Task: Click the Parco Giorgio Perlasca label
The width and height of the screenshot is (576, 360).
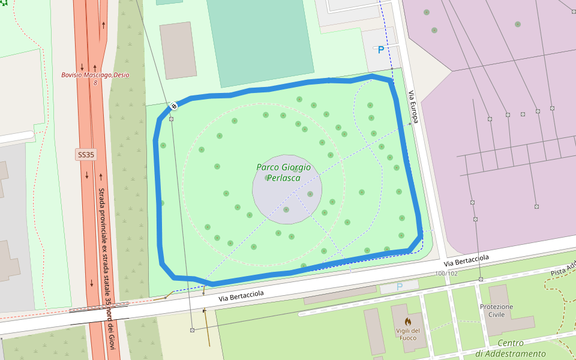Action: (283, 173)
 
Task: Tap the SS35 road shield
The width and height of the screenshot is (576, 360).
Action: (86, 155)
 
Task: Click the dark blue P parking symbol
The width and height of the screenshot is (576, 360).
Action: (380, 50)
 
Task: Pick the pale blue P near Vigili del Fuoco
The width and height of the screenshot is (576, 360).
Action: (400, 287)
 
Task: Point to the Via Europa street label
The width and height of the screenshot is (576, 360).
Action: (413, 107)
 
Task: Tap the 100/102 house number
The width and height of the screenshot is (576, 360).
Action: (446, 274)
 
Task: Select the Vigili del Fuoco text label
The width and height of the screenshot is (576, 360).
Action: (407, 334)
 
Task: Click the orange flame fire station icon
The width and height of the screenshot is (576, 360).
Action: (407, 322)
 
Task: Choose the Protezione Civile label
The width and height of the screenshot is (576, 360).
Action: (496, 311)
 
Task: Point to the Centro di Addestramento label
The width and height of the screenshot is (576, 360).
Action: (510, 349)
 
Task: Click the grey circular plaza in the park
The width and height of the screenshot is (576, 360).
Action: (287, 189)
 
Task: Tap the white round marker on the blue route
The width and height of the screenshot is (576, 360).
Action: (173, 106)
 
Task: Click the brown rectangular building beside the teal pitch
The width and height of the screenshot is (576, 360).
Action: (178, 50)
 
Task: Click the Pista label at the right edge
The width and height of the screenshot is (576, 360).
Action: (563, 268)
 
